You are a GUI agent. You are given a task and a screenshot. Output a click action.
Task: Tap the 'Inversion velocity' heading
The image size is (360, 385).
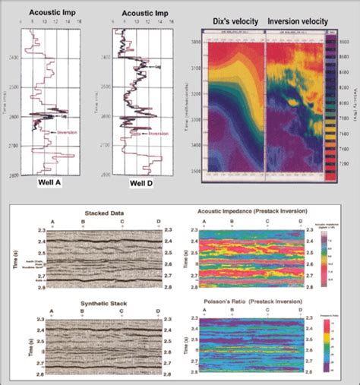point(295,22)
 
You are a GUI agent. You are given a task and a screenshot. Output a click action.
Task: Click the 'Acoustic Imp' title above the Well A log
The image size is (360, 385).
point(49,12)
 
